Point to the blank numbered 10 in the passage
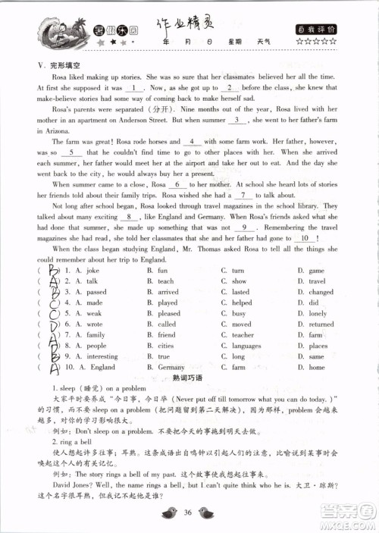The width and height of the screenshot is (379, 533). point(303,259)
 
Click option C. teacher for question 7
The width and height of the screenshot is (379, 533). point(241,334)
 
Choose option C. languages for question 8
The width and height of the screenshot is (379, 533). point(244,345)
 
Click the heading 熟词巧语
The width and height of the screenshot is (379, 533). point(189,378)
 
